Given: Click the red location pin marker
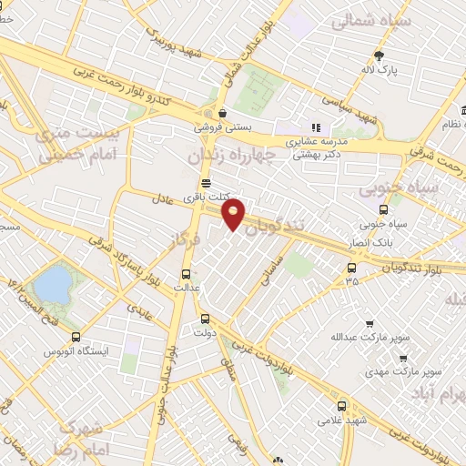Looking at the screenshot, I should point(234,214).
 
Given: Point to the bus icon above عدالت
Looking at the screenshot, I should point(186,272).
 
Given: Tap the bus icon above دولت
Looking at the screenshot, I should point(205,319).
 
